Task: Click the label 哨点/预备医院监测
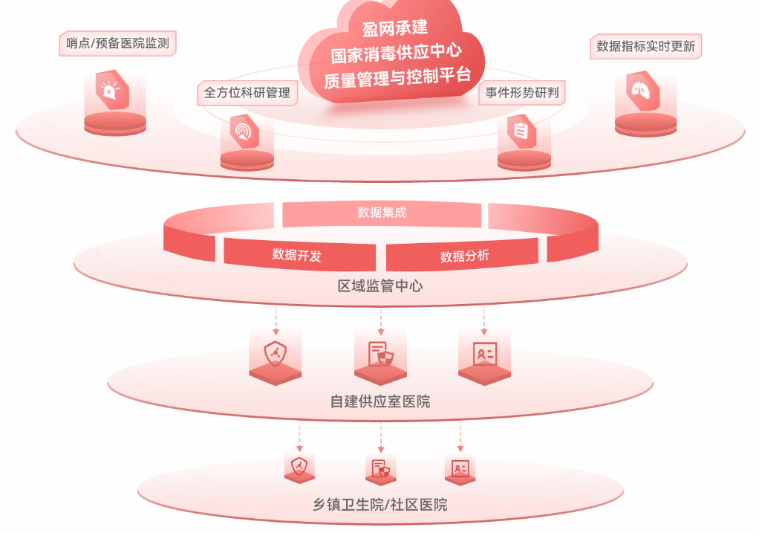coord(117,43)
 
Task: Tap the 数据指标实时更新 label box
coord(645,47)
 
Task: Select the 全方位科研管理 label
coord(247,92)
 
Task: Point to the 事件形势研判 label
coord(522,92)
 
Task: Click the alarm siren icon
coord(112,90)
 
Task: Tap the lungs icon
coord(642,90)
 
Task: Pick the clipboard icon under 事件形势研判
coord(521,131)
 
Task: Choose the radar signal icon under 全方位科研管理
coord(244,132)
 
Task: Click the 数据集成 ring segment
coord(382,213)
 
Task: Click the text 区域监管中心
coord(380,286)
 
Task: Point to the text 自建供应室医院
coord(380,401)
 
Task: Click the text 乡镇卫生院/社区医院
coord(380,505)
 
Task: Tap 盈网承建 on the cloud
coord(395,28)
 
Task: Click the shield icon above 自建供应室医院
coord(275,354)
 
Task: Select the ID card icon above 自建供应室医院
coord(484,355)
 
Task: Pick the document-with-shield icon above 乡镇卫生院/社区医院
coord(380,468)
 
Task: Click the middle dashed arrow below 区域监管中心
coord(381,321)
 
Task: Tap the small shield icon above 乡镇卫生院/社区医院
coord(299,467)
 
